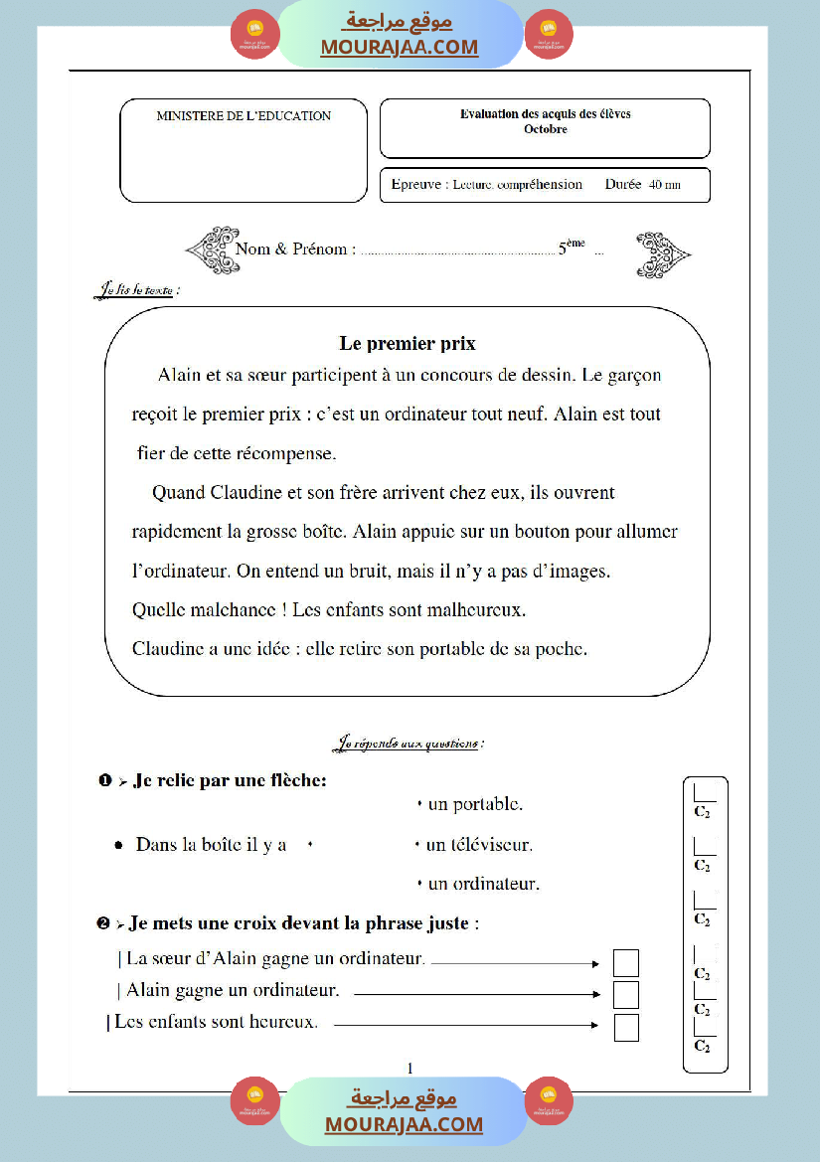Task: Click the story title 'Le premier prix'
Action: coord(408,344)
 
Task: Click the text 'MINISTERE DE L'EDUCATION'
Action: coord(244,116)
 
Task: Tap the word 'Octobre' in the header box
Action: coord(545,129)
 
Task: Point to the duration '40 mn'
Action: coord(665,185)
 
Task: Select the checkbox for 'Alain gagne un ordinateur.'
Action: coord(626,994)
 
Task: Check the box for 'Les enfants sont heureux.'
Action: coord(626,1027)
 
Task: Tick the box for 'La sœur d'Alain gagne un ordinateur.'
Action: coord(626,962)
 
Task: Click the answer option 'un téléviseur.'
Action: coord(479,846)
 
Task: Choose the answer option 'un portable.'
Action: coord(475,804)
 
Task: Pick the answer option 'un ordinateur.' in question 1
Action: coord(482,884)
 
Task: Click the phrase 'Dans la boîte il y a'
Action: coord(211,845)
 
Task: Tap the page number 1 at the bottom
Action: coord(410,1069)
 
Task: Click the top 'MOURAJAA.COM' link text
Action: coord(399,48)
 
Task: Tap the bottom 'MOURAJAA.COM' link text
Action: coord(404,1124)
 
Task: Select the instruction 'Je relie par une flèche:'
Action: coord(230,781)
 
